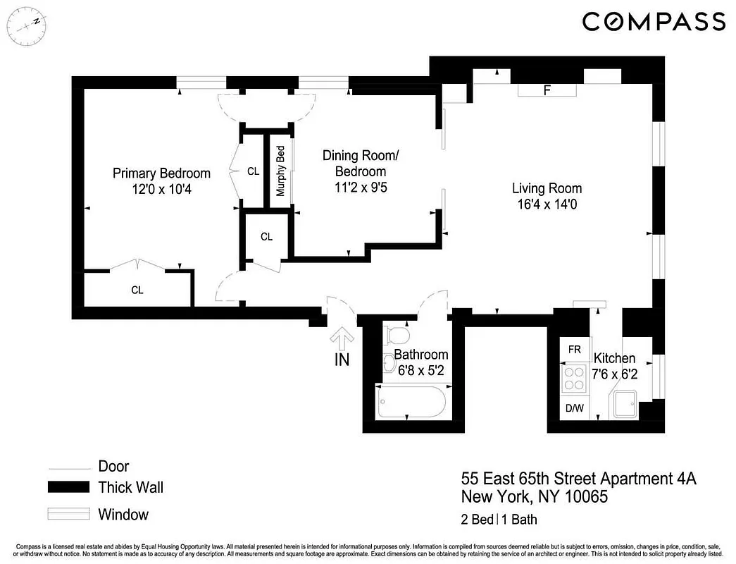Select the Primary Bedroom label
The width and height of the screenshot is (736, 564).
(162, 173)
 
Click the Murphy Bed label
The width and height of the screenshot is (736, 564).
(280, 171)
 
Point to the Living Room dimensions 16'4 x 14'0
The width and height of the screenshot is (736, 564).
(547, 204)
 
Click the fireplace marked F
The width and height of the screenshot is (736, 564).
(547, 90)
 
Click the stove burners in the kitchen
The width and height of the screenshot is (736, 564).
(573, 379)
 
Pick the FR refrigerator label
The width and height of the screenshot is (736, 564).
(575, 350)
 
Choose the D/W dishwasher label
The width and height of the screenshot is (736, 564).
(574, 407)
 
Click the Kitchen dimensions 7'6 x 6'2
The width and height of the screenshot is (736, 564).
(615, 374)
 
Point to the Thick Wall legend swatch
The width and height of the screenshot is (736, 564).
(68, 486)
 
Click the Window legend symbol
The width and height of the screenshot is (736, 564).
(68, 514)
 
